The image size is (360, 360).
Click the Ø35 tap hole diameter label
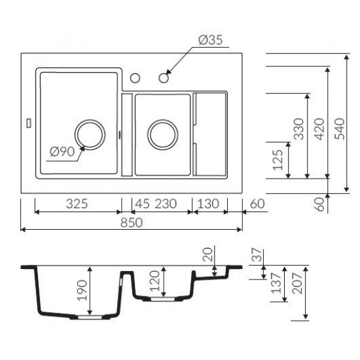click(211, 40)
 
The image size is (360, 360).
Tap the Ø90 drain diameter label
click(62, 152)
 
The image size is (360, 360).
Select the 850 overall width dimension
click(132, 223)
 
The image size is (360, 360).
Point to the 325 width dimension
click(77, 204)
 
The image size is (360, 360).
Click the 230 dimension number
click(166, 204)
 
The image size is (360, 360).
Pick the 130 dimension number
click(208, 204)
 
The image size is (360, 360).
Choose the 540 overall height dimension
click(340, 128)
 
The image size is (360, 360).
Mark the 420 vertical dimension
click(319, 128)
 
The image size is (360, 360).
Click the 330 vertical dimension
click(299, 128)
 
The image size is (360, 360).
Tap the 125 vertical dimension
click(278, 160)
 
